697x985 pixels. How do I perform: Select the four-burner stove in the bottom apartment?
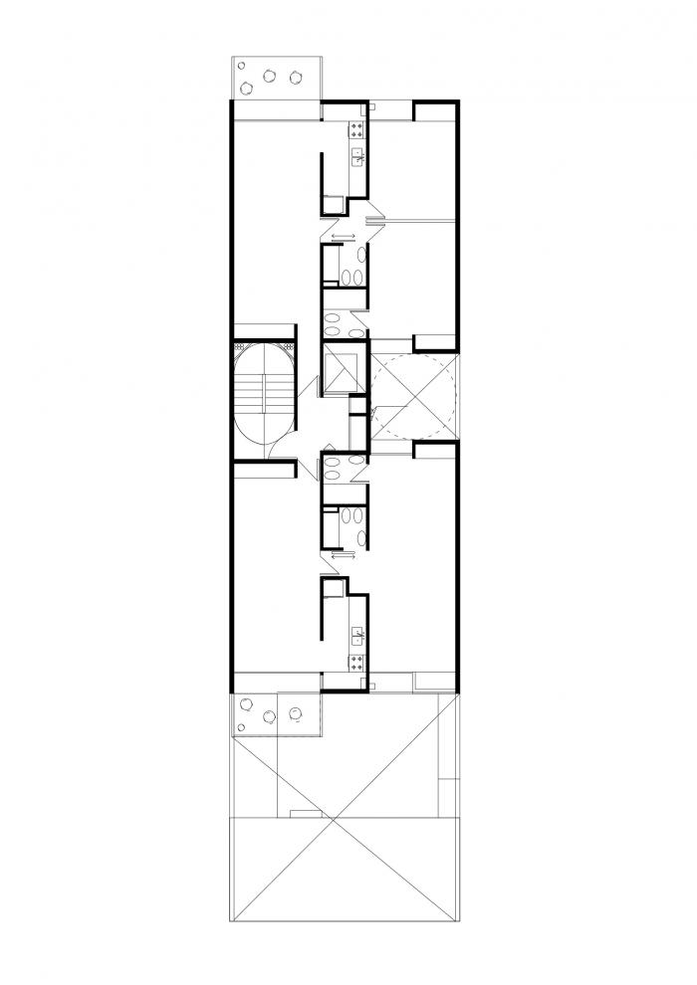coord(357,659)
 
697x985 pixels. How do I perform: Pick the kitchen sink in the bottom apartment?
coord(357,632)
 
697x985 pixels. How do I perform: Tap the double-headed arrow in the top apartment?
coord(343,237)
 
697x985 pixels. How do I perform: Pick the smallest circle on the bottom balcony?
coord(244,703)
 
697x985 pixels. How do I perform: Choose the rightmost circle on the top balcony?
coord(295,77)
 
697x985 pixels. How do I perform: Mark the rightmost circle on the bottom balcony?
coord(295,711)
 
